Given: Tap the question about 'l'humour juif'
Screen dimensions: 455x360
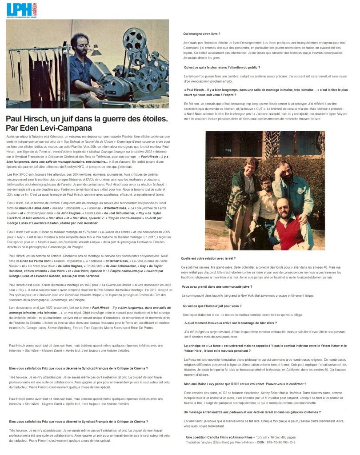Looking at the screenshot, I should [212, 306].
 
